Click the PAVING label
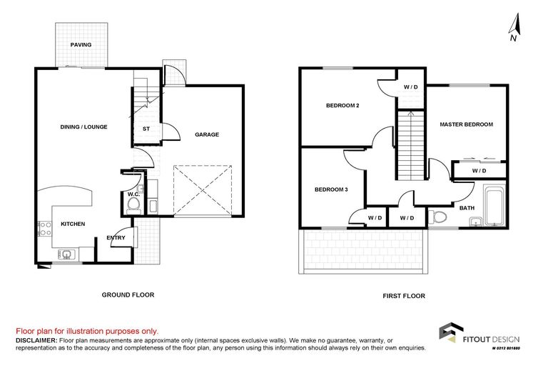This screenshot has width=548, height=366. tap(81, 45)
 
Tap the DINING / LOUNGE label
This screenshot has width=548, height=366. tap(83, 127)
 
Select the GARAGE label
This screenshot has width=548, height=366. tap(207, 134)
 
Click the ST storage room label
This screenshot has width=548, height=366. tap(146, 129)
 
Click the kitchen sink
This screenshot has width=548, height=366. tap(67, 253)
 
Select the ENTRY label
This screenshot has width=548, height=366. tap(116, 238)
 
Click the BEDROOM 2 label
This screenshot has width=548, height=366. tap(342, 106)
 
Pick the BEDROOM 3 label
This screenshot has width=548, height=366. tap(331, 189)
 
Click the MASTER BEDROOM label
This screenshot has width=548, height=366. tap(466, 124)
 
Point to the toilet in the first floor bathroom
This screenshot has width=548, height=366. tap(439, 216)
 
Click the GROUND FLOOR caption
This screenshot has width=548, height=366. tap(128, 295)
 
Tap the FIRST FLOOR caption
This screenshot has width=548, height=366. tap(403, 295)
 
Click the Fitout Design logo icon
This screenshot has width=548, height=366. tap(449, 334)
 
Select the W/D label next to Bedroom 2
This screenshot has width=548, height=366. tap(411, 86)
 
